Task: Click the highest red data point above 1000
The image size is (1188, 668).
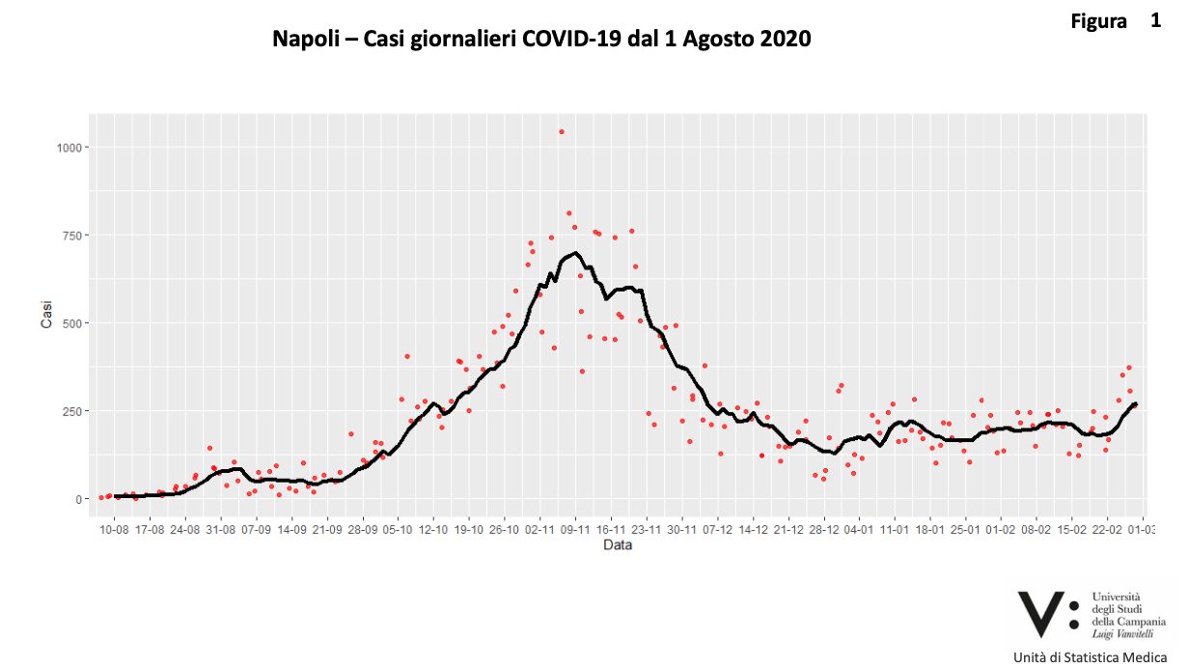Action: [x=562, y=132]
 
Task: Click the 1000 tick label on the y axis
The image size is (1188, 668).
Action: [x=71, y=148]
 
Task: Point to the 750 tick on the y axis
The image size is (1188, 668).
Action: [x=75, y=236]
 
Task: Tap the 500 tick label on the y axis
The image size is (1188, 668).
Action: [x=75, y=323]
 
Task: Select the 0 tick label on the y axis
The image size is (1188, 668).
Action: [x=81, y=499]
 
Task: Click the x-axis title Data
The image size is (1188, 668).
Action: [x=618, y=545]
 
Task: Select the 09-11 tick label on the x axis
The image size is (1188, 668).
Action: [x=575, y=529]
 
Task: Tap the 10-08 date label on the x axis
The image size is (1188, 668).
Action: [x=115, y=529]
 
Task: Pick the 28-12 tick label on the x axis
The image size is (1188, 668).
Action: [x=824, y=529]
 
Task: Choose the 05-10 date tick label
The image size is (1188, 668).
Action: [x=398, y=529]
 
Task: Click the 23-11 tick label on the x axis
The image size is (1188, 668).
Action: [x=647, y=529]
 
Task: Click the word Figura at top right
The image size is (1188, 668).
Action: [x=1098, y=21]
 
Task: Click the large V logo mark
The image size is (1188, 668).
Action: [x=1040, y=614]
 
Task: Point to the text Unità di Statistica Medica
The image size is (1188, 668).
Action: [x=1090, y=658]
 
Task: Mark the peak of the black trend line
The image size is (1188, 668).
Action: [x=576, y=253]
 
